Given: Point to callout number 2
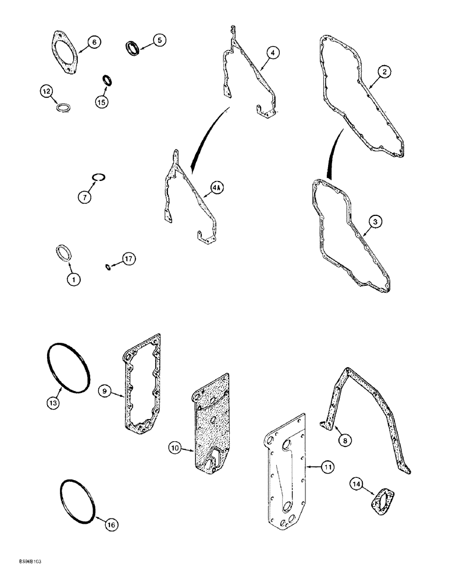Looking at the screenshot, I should (384, 72).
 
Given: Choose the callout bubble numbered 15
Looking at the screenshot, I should (103, 101).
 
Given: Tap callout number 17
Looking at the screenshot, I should (128, 258).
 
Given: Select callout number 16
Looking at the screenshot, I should (111, 525).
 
